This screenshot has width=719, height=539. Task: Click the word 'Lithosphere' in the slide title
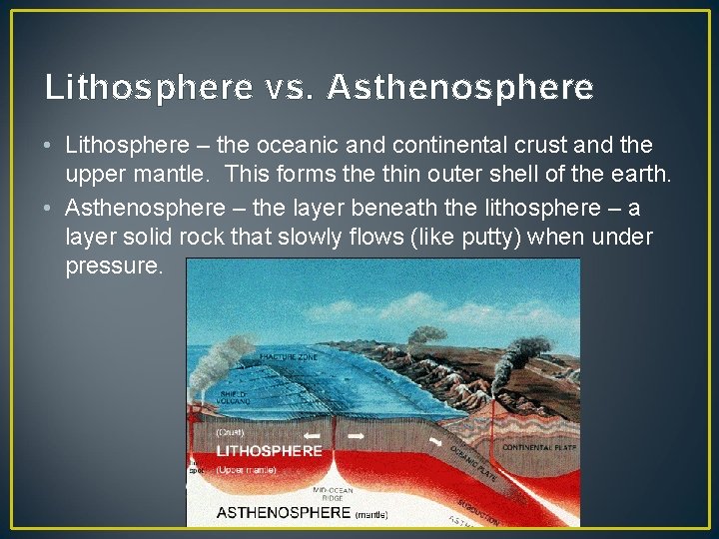tap(148, 88)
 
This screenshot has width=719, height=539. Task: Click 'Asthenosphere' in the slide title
tap(459, 88)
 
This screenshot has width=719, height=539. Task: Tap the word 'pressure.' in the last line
tap(112, 267)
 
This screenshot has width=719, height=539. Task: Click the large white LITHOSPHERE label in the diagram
tap(270, 450)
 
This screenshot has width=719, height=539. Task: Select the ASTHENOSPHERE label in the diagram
tap(284, 513)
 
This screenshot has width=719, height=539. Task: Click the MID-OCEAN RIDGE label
tap(334, 495)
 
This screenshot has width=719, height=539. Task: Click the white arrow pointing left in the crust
tap(314, 436)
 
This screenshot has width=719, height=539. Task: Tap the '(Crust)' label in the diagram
tap(232, 433)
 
